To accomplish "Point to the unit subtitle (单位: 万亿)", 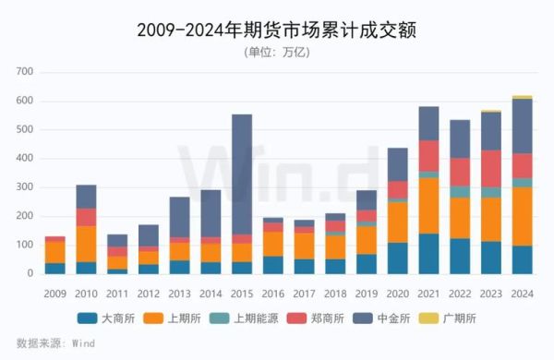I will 276,52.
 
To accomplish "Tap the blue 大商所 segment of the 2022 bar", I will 460,256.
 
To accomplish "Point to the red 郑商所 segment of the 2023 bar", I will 491,168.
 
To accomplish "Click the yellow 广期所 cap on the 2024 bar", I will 523,97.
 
